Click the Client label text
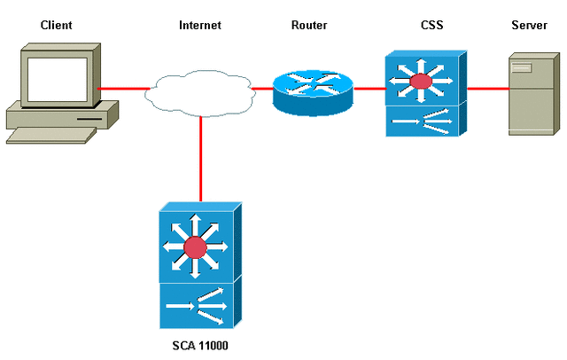55,25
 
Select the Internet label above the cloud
199,25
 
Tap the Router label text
309,25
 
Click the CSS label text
420,25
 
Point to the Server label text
529,25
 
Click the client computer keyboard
51,134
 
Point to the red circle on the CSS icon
421,82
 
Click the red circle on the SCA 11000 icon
194,246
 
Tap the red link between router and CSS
369,89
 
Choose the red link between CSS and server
486,89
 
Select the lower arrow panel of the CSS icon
421,121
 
